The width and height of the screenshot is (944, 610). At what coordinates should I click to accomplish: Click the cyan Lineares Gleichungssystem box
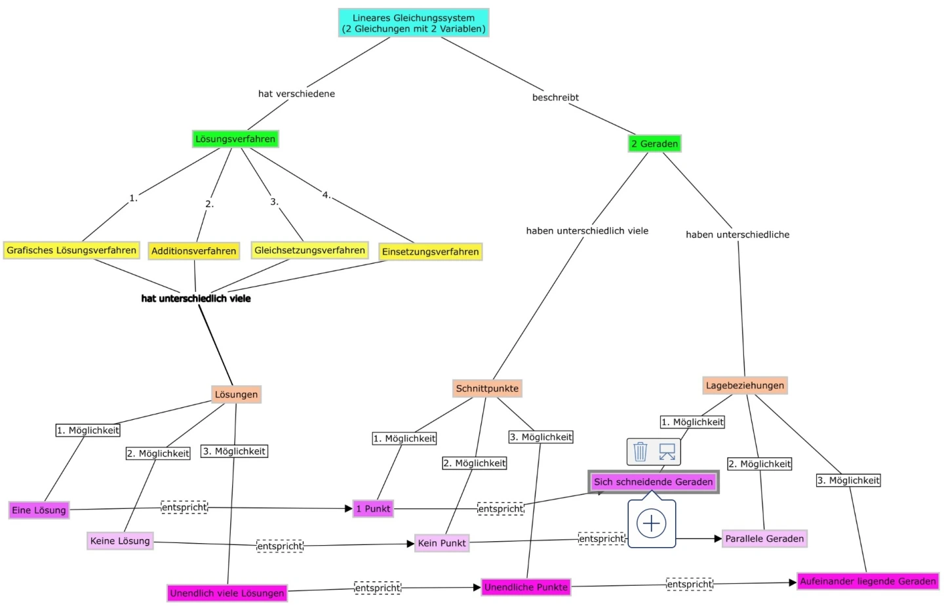point(414,23)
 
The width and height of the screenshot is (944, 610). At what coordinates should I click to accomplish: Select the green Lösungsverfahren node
point(235,139)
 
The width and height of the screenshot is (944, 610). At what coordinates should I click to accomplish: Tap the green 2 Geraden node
point(654,144)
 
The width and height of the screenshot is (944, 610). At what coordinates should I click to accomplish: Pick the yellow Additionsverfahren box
point(193,251)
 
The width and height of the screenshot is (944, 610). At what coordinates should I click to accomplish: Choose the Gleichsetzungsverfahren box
point(309,250)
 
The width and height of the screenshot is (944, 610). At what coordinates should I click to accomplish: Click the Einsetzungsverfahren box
point(430,251)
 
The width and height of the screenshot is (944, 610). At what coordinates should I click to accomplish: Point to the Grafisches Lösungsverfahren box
point(71,250)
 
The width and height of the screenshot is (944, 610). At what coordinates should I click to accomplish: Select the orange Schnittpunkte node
point(487,388)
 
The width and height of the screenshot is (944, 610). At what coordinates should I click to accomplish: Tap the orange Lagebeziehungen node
point(745,385)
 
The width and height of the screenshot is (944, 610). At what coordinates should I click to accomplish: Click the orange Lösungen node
point(236,394)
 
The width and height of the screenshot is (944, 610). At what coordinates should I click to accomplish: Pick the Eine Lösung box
point(39,510)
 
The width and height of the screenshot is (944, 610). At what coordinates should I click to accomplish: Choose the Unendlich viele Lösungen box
point(227,593)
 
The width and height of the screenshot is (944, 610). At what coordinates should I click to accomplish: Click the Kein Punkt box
point(442,543)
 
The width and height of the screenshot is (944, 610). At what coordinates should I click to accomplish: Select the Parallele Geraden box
point(764,539)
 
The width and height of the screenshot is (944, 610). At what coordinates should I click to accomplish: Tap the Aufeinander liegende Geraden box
point(867,581)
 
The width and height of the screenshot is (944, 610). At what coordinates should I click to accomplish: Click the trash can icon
point(640,451)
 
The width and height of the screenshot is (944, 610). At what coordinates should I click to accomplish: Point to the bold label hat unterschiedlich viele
point(195,298)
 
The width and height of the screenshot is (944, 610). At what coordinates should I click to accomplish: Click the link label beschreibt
point(555,97)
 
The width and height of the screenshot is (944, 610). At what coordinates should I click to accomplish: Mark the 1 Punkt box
point(373,508)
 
